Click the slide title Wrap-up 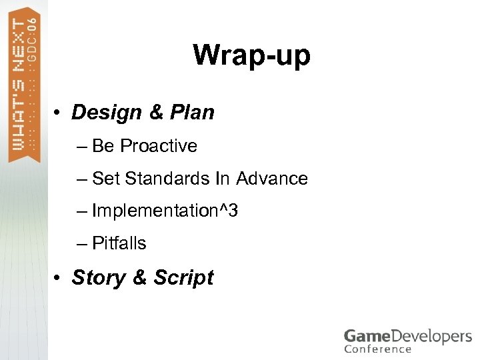tap(251, 55)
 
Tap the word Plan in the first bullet tap(192, 113)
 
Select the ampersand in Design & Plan tap(156, 113)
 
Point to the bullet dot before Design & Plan tap(59, 113)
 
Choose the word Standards tap(167, 179)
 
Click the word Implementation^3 tap(165, 211)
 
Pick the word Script tap(183, 277)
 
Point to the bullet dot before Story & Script tap(59, 278)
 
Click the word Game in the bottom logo tap(365, 336)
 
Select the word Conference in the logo tap(377, 349)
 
